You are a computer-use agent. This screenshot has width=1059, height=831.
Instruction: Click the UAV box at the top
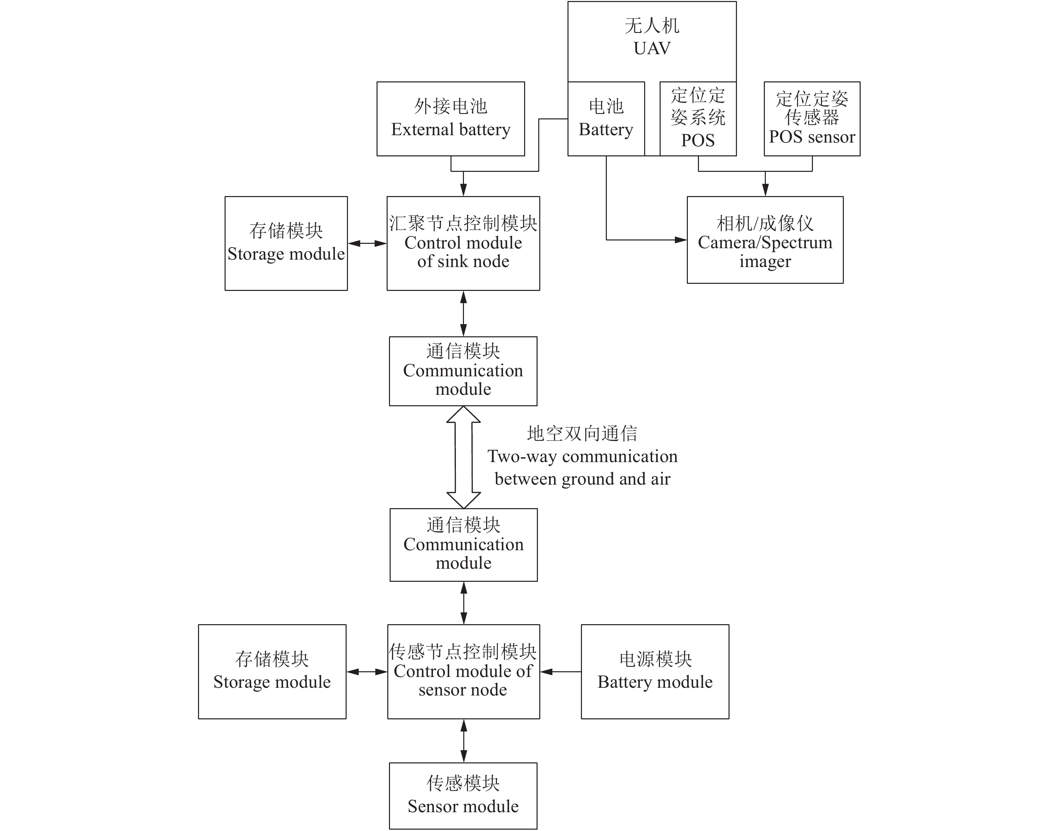pos(652,41)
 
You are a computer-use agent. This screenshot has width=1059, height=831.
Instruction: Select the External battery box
pos(450,119)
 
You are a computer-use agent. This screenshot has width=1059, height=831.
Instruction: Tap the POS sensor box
pos(812,119)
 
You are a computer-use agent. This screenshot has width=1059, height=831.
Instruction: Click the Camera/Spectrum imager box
pos(765,240)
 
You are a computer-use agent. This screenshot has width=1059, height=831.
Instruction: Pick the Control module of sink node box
pos(463,243)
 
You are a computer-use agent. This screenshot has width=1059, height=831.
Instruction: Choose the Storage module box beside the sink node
pos(286,243)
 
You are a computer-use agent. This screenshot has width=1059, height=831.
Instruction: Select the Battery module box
pos(655,671)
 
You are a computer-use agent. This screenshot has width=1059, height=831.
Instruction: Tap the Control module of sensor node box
pos(463,671)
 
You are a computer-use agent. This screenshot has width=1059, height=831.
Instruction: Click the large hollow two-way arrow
pos(464,457)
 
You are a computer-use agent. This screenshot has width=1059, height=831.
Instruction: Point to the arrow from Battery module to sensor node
pos(560,672)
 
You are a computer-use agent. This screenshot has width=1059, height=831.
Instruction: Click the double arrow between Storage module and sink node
pos(367,243)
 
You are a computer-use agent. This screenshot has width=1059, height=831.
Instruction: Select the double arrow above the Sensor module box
pos(464,741)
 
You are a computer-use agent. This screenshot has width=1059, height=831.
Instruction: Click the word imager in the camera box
pos(765,262)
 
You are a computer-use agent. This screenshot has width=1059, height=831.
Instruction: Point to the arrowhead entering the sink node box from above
pos(464,190)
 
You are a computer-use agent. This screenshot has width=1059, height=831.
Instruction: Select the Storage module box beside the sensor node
pos(272,671)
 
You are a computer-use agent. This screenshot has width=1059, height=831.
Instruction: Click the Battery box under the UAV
pos(606,119)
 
